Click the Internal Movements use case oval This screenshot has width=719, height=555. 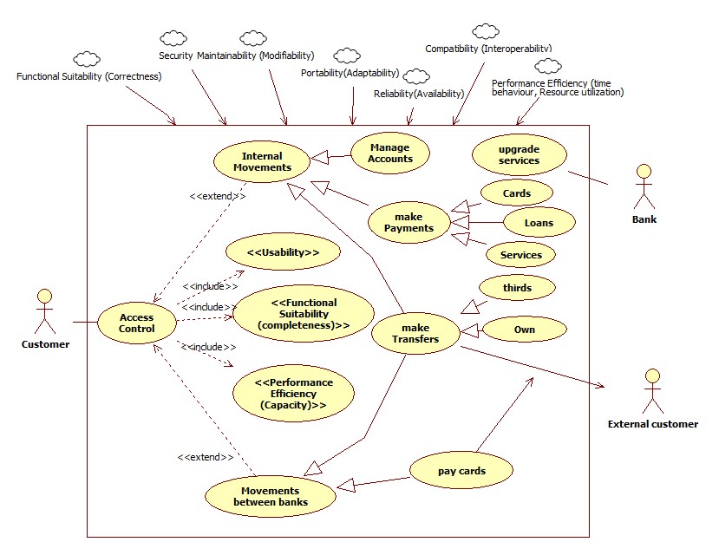click(x=262, y=161)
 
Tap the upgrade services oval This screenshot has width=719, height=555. click(x=520, y=154)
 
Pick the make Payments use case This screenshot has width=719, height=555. click(x=408, y=222)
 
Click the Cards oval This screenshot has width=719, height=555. click(x=517, y=193)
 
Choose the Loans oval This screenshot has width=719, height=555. click(x=539, y=222)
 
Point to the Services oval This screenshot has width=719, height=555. click(x=521, y=254)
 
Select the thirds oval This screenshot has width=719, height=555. click(x=517, y=287)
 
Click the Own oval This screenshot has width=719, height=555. click(x=524, y=329)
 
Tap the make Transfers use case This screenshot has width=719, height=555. click(x=415, y=333)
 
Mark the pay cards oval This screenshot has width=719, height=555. click(x=460, y=471)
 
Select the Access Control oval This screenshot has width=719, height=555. click(x=137, y=323)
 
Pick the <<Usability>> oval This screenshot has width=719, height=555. click(x=282, y=252)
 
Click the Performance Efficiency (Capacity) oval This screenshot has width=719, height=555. click(x=293, y=393)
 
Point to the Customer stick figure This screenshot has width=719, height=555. click(x=45, y=313)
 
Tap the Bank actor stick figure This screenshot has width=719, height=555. click(x=644, y=184)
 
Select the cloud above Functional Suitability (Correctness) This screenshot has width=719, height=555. click(x=87, y=59)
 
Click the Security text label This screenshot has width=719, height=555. click(x=175, y=55)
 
